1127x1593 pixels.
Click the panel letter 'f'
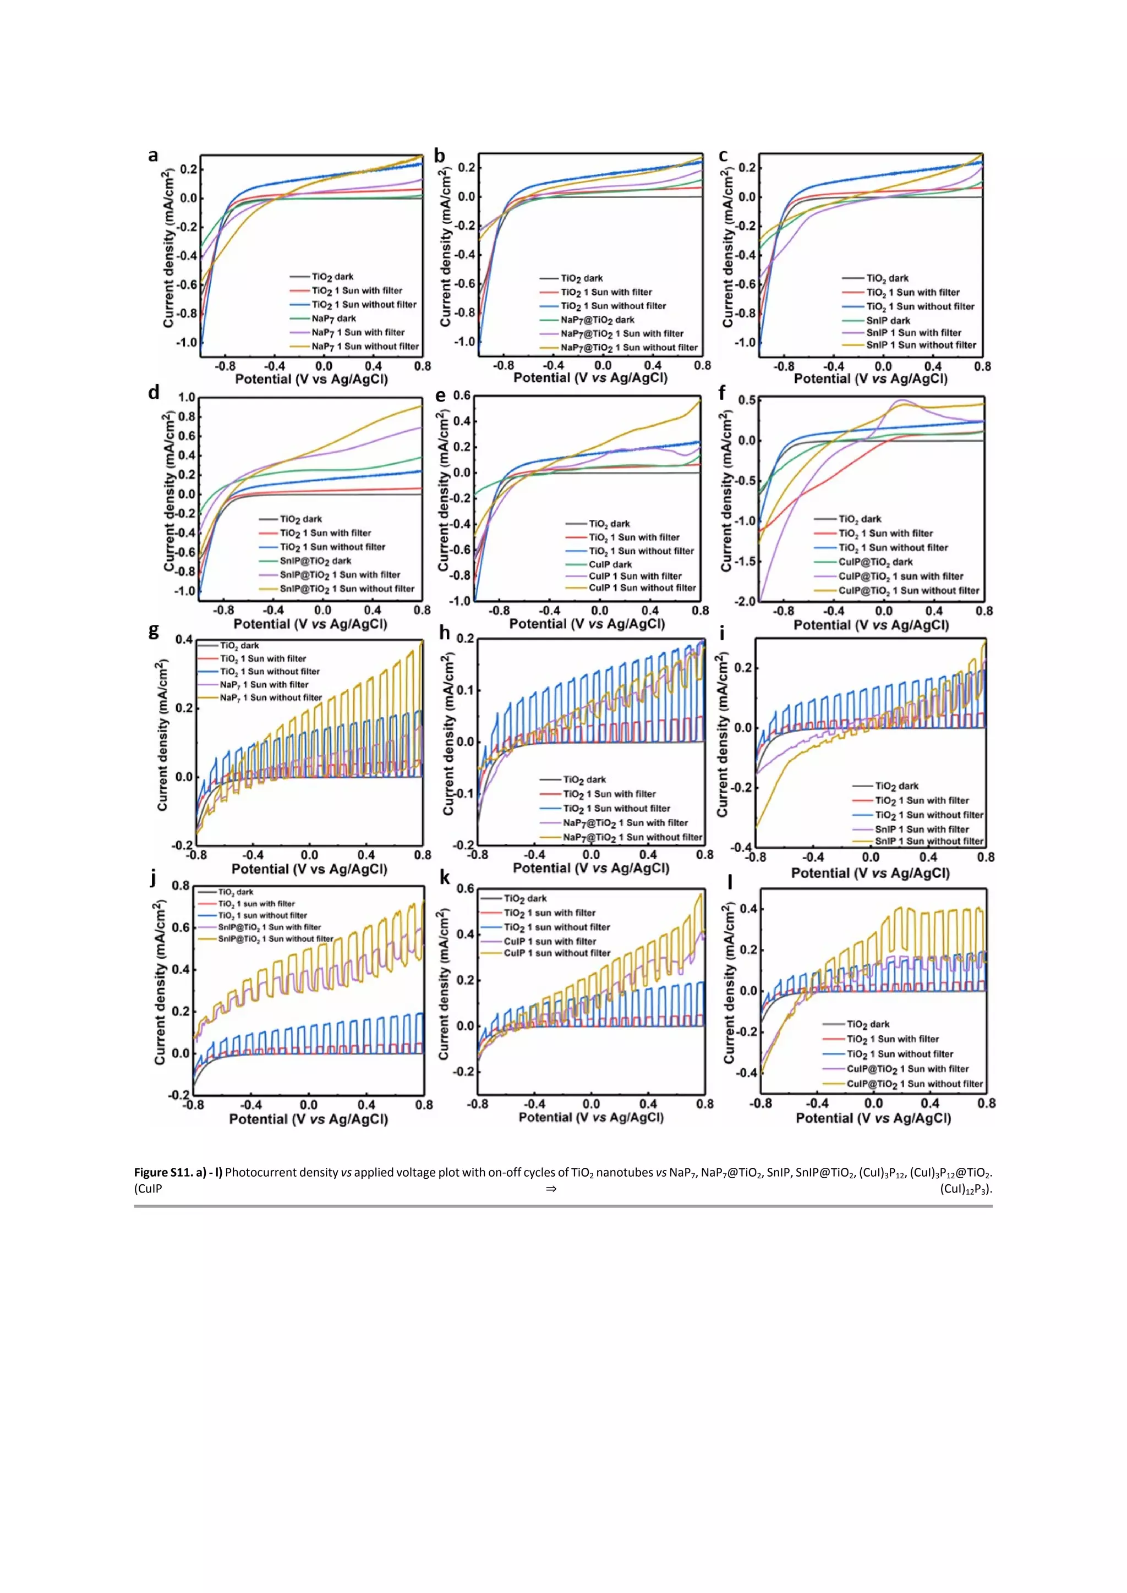[x=722, y=393]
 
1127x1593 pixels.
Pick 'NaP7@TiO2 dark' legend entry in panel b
[x=597, y=320]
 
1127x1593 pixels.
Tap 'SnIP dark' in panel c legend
[x=888, y=321]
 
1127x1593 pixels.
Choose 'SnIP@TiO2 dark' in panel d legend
[x=315, y=561]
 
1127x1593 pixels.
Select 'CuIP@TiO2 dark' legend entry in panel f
[x=875, y=562]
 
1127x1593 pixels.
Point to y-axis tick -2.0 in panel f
[x=747, y=601]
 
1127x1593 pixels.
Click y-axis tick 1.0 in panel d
[x=187, y=398]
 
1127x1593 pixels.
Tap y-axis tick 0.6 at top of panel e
[x=462, y=395]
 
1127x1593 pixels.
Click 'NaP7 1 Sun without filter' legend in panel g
[x=271, y=697]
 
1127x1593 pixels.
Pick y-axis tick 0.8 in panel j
[x=180, y=886]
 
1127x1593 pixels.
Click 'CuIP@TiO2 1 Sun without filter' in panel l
[x=914, y=1084]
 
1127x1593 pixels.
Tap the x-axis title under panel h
[x=590, y=868]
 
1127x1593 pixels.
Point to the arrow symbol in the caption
[x=551, y=1189]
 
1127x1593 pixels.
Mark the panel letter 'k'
[x=445, y=878]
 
